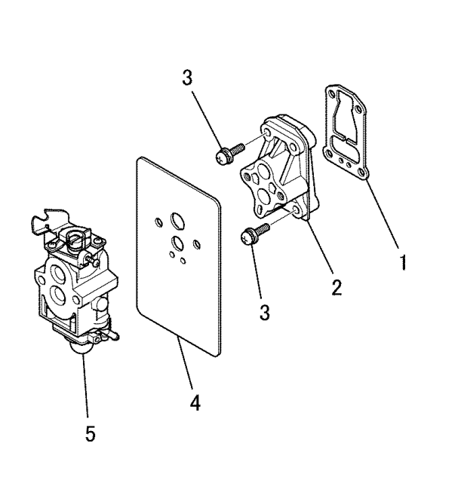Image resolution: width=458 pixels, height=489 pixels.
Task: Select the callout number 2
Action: [x=337, y=287]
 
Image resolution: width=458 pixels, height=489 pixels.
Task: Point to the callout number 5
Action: [x=91, y=433]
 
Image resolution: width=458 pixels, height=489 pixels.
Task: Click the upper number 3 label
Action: [x=187, y=78]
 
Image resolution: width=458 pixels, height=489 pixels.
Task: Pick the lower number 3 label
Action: [x=264, y=312]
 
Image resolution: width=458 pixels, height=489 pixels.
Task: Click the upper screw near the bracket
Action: [x=229, y=154]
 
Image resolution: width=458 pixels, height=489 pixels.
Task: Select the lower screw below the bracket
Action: [x=254, y=234]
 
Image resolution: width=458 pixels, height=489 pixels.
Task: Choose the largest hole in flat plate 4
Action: [x=177, y=221]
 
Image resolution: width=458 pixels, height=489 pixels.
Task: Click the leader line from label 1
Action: [x=383, y=214]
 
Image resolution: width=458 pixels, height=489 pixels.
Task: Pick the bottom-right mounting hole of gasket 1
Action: [x=361, y=172]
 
